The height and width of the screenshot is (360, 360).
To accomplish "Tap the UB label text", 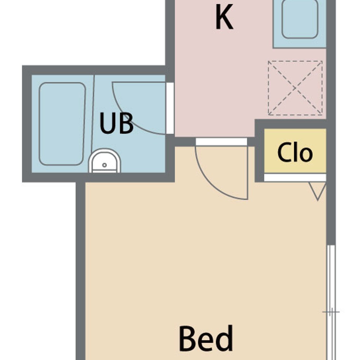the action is [x=116, y=123].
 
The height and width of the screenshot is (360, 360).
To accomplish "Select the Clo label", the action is [x=295, y=152].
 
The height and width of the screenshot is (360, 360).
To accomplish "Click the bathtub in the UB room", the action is [x=62, y=124].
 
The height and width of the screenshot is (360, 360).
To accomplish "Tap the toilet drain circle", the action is [x=104, y=165].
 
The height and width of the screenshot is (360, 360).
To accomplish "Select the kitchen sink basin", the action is [x=300, y=19].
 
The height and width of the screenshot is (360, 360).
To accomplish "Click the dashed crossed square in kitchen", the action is [x=295, y=88].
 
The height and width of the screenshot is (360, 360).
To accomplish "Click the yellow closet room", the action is [x=295, y=151].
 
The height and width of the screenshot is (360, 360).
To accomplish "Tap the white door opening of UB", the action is [x=170, y=108].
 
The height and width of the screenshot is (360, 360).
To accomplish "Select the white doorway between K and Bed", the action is [x=221, y=142].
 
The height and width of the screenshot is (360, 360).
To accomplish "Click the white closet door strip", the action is [x=295, y=178].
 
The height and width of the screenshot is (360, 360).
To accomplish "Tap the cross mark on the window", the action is [x=331, y=312].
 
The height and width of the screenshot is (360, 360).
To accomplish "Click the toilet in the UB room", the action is [x=104, y=161].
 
